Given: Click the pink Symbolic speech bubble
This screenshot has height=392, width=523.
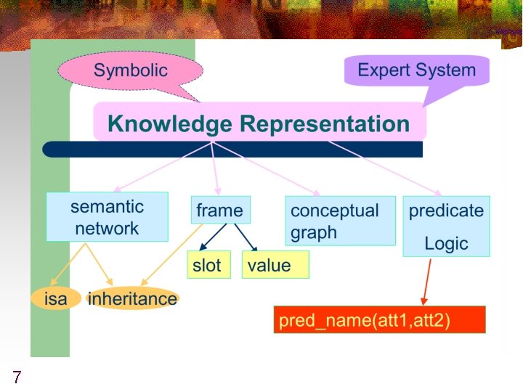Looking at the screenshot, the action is (130, 71).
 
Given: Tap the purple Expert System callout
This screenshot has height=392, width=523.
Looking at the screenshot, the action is (416, 71).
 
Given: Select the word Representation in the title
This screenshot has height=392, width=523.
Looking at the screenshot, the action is (324, 123).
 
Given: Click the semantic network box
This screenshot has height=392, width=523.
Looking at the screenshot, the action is (107, 216).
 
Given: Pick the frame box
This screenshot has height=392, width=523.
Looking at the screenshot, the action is (219, 211).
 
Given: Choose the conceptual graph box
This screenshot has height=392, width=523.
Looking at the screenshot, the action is (340, 221).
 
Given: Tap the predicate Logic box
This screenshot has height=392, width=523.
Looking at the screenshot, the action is (446, 226).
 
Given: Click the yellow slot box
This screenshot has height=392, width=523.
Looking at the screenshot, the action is (208, 265).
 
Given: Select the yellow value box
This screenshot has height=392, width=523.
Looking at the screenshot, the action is (275, 265).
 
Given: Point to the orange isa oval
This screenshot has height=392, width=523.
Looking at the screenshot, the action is (55, 298).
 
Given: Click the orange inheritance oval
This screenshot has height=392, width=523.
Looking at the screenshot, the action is (132, 298).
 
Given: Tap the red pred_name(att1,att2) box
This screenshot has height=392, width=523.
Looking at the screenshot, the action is (378, 320).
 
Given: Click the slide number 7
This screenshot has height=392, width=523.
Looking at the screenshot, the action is (16, 377).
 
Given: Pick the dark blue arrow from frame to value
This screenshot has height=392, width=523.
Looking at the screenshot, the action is (245, 237).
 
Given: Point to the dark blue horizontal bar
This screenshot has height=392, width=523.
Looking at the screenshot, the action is (232, 150).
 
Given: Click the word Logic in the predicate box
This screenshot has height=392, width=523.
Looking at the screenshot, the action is (446, 243).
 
